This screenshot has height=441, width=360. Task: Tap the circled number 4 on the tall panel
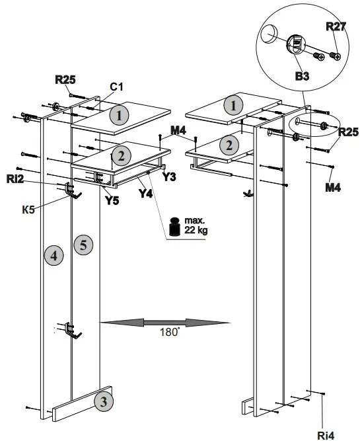(54, 255)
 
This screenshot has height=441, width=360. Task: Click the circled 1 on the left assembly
(119, 115)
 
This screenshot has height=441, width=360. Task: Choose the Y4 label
(147, 194)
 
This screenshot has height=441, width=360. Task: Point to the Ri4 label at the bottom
(326, 434)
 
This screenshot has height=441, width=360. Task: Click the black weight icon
(175, 226)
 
